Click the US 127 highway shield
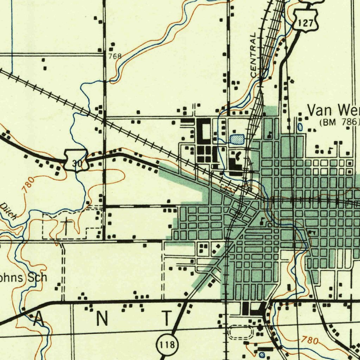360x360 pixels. click(304, 22)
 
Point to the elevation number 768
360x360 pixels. click(115, 56)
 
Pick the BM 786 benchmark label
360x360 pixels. click(340, 122)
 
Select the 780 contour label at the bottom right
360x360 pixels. click(310, 341)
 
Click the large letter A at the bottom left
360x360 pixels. click(39, 319)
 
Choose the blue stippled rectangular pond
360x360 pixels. click(237, 140)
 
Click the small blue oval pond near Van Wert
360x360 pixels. click(300, 127)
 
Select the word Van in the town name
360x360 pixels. click(320, 110)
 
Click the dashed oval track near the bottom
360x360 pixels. click(241, 332)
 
